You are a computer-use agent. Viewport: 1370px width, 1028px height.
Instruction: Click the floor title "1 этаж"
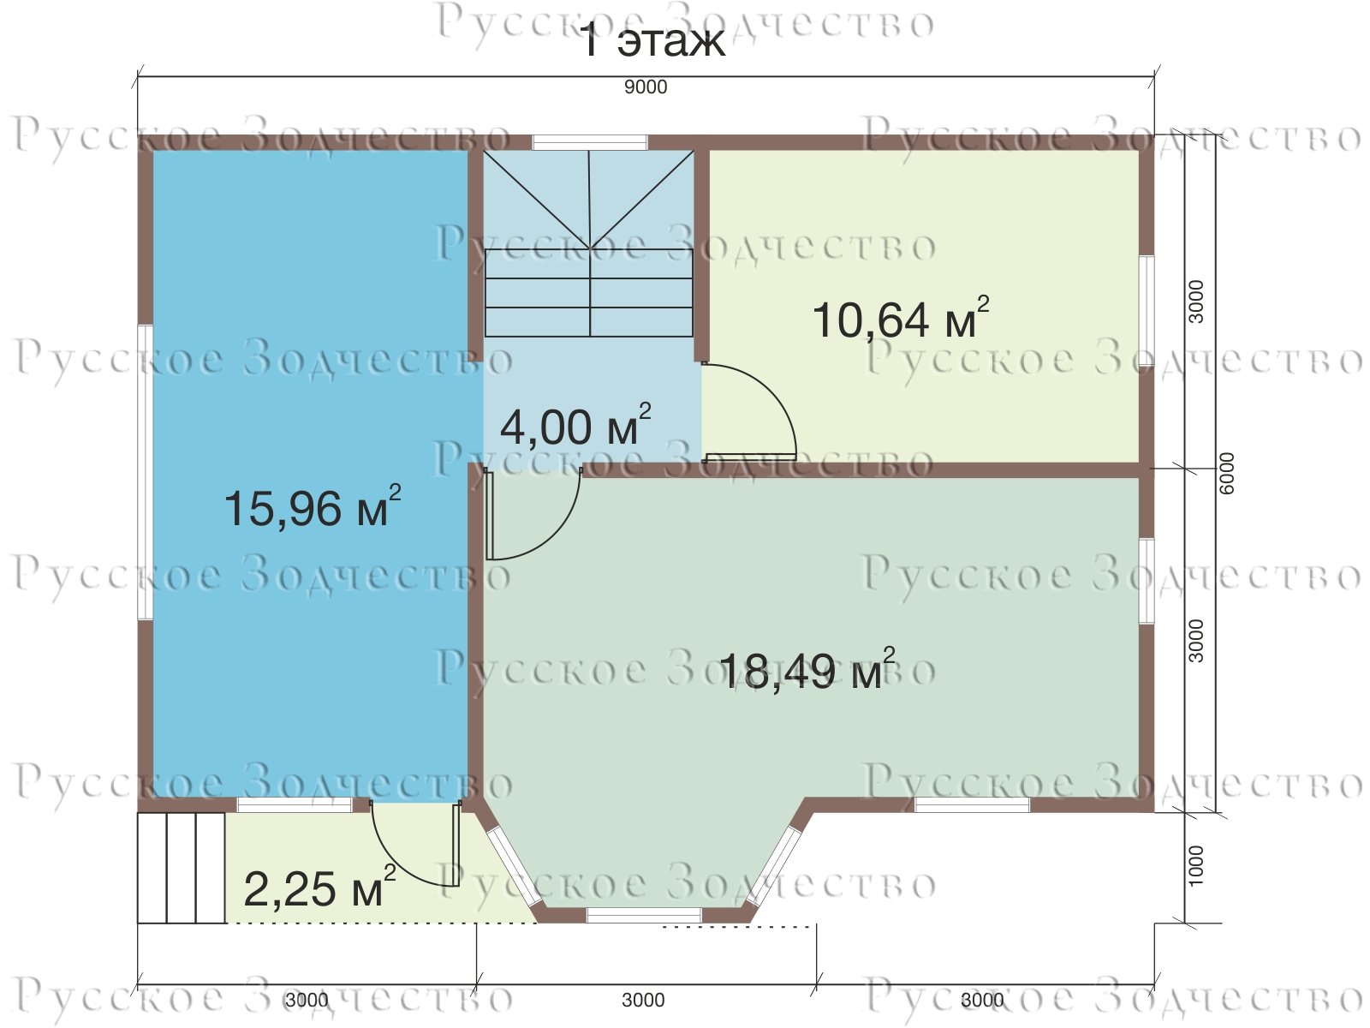(x=652, y=42)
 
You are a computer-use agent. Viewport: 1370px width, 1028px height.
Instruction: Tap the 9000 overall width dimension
(x=646, y=87)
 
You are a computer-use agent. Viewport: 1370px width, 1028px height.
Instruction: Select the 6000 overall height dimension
(x=1227, y=474)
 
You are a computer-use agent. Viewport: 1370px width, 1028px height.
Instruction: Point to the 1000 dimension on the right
(x=1195, y=866)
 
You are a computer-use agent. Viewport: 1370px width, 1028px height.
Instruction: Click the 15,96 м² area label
(x=312, y=507)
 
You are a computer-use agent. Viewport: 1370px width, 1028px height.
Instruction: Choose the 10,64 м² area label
(x=900, y=319)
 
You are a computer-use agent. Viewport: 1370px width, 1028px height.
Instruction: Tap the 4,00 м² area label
(x=575, y=426)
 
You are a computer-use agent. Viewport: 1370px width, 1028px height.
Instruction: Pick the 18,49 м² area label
(x=807, y=669)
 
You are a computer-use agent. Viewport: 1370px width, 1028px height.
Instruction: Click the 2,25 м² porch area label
(x=319, y=888)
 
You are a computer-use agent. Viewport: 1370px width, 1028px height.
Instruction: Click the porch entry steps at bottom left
(x=181, y=868)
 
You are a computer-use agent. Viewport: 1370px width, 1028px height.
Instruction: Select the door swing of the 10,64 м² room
(x=749, y=412)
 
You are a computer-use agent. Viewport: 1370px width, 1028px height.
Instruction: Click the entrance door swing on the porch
(x=415, y=844)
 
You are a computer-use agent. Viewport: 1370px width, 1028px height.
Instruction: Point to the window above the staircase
(x=590, y=142)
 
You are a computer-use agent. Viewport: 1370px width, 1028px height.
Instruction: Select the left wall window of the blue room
(x=145, y=473)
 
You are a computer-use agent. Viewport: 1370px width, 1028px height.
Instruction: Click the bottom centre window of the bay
(x=644, y=916)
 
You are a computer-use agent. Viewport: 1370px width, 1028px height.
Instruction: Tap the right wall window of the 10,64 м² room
(x=1147, y=310)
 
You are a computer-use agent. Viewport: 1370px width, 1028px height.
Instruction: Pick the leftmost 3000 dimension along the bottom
(x=307, y=1000)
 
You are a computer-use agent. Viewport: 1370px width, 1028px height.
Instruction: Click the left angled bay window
(x=515, y=866)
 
